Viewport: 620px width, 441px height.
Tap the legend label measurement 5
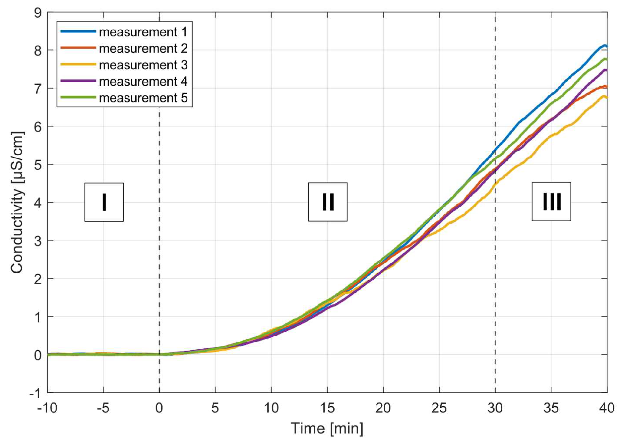(x=143, y=98)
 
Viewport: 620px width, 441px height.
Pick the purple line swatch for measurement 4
(x=78, y=81)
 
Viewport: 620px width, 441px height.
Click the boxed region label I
(x=104, y=202)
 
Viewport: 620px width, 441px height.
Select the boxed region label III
(x=551, y=201)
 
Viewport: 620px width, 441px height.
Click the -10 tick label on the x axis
(x=47, y=408)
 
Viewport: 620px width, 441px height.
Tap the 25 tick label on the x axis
(x=439, y=408)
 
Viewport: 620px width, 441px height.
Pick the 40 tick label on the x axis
(x=607, y=408)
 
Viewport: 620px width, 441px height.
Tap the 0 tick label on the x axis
(x=159, y=408)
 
